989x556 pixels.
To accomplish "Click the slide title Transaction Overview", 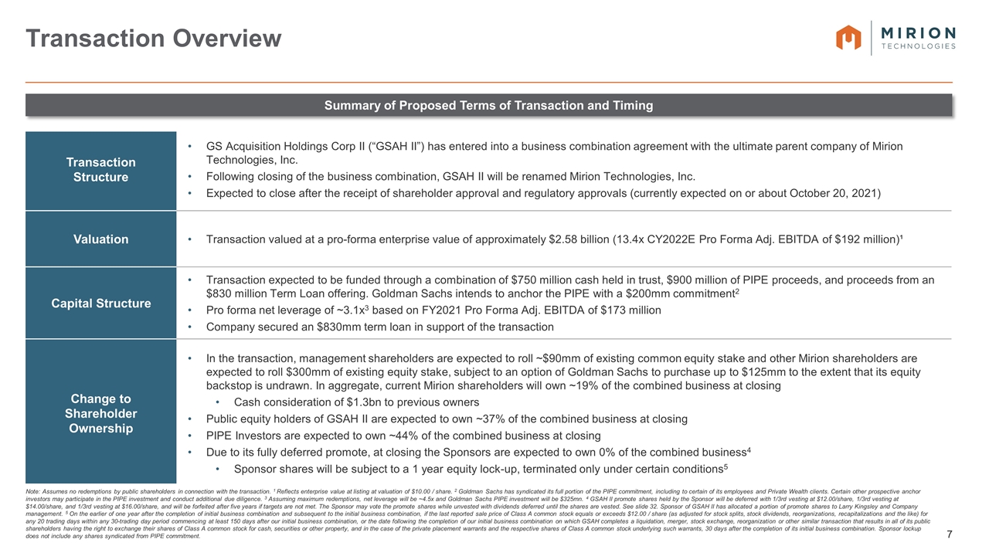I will pos(154,38).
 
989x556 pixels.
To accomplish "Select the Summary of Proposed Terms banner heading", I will pos(488,105).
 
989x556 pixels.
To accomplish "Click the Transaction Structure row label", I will pos(100,170).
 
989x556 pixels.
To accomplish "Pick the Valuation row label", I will pos(100,239).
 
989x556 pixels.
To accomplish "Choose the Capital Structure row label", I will pos(100,303).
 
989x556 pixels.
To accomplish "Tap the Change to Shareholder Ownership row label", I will pos(100,413).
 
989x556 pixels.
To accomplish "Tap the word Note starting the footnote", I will pos(34,491).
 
